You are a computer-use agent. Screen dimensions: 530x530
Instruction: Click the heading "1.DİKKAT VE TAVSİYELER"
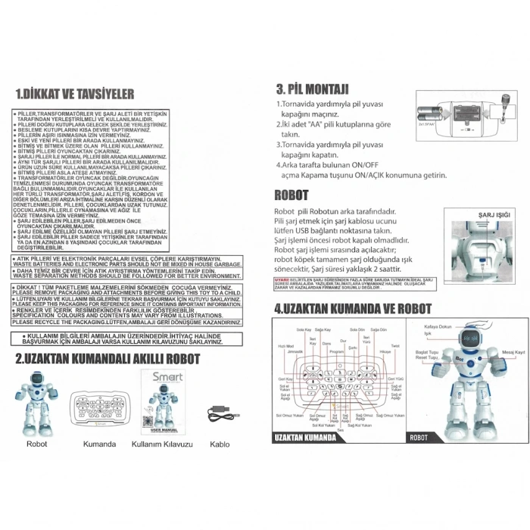[75, 94]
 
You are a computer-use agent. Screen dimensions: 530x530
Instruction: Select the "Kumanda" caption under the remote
[99, 444]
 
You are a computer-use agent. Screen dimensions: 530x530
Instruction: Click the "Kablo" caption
[220, 444]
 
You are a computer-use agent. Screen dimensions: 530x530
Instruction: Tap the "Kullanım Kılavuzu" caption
[163, 444]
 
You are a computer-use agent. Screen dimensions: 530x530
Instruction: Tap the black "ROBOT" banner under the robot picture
[419, 438]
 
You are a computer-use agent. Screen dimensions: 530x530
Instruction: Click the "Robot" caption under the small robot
[36, 444]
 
